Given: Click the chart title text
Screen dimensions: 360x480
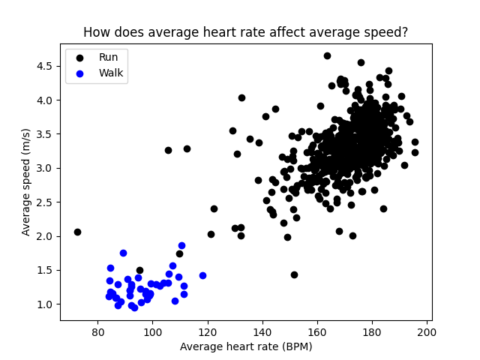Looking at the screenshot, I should click(245, 32).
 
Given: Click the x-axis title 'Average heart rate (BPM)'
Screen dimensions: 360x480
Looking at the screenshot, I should click(246, 346).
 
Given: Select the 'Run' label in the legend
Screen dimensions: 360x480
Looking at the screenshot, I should click(108, 57).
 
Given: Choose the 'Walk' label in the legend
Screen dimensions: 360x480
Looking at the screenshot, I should click(111, 73).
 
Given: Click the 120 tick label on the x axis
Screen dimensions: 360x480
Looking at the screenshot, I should click(208, 332).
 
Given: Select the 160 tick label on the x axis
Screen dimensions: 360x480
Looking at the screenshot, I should click(317, 332).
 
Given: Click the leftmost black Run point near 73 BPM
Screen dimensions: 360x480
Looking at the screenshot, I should click(77, 232).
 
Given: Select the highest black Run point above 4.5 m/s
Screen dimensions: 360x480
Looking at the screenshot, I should click(327, 55).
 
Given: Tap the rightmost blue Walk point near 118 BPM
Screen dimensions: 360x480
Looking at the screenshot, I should click(202, 275).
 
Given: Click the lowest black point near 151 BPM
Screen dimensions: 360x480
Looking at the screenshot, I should click(294, 274).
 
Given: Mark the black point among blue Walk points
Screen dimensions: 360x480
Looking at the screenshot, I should click(139, 270).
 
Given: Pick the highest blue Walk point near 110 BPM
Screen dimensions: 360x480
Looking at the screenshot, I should click(181, 245).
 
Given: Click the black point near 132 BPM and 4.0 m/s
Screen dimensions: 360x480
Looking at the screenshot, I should click(241, 97).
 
